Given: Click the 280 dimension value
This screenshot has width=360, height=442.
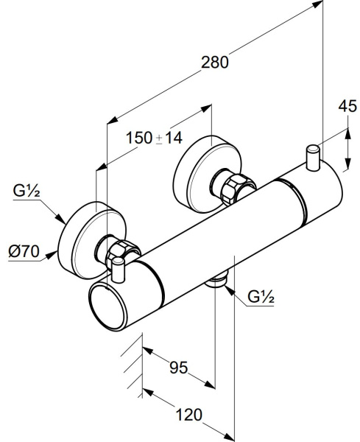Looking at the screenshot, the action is tap(215, 63).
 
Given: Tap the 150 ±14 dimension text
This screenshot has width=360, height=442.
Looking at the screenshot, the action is tap(154, 138).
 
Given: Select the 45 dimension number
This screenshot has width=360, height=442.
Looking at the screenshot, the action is tap(347, 107).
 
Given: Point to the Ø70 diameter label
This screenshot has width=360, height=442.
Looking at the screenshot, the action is tap(24, 251).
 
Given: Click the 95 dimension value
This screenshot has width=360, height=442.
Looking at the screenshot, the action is tap(179, 368).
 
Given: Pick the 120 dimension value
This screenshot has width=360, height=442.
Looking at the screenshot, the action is tap(189, 415).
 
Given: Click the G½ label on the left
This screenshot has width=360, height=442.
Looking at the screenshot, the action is tap(27, 191).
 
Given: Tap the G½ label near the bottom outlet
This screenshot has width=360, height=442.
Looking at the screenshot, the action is tap(261, 296).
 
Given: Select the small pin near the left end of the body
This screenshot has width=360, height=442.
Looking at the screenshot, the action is tap(118, 270).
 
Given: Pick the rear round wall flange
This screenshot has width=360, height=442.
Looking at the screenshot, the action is tap(208, 174).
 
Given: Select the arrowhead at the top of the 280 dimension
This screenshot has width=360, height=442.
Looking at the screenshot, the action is tap(317, 5).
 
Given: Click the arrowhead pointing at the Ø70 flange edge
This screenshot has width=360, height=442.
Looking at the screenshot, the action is tap(52, 255).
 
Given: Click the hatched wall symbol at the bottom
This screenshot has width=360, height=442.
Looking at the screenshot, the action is tap(133, 365).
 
